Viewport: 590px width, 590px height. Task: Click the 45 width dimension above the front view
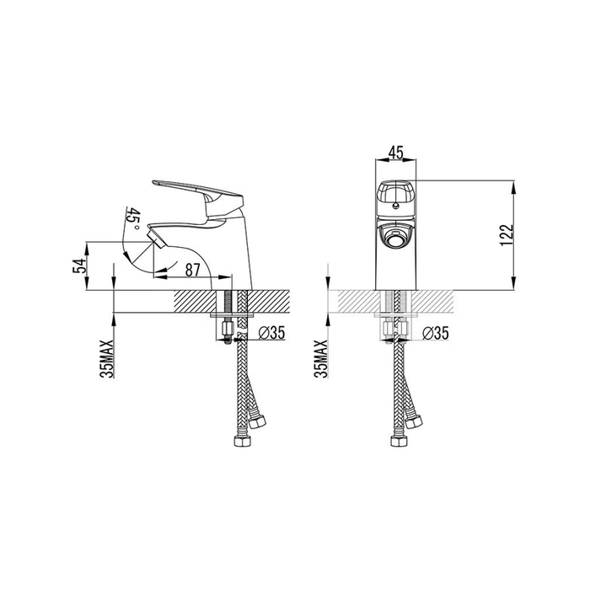[395, 153]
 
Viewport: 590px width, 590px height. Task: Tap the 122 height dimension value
[507, 235]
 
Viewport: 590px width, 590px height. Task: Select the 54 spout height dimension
[79, 265]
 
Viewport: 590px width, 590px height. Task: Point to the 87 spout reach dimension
[192, 270]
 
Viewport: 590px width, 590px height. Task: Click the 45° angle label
[133, 219]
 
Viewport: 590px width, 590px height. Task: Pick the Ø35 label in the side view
[271, 333]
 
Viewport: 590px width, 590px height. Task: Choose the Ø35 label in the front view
[436, 333]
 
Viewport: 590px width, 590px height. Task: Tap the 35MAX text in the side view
[106, 358]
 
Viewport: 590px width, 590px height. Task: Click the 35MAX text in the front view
[321, 358]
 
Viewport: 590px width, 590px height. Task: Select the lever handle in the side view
[197, 200]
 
